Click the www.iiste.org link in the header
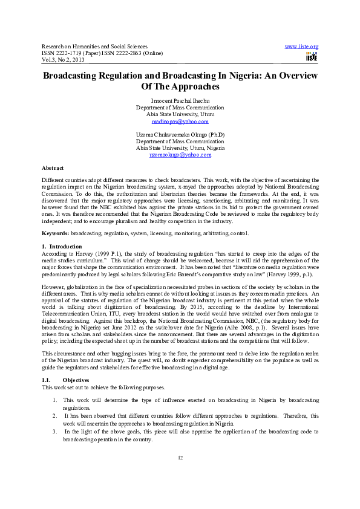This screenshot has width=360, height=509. [x=301, y=47]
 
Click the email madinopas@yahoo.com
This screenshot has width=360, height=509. [x=180, y=122]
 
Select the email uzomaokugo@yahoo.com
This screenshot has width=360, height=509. [x=180, y=155]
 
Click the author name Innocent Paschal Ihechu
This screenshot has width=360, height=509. [x=180, y=99]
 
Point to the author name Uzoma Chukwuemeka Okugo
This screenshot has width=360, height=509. [x=180, y=134]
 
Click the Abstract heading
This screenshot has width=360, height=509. [x=53, y=167]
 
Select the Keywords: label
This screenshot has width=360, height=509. [x=56, y=233]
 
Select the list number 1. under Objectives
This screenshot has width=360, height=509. [x=54, y=400]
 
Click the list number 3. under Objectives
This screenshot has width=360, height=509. [x=54, y=433]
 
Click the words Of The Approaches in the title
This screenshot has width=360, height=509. [x=180, y=87]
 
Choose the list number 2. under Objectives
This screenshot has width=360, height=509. [x=54, y=417]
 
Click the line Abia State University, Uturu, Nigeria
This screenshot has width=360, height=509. [x=180, y=148]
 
